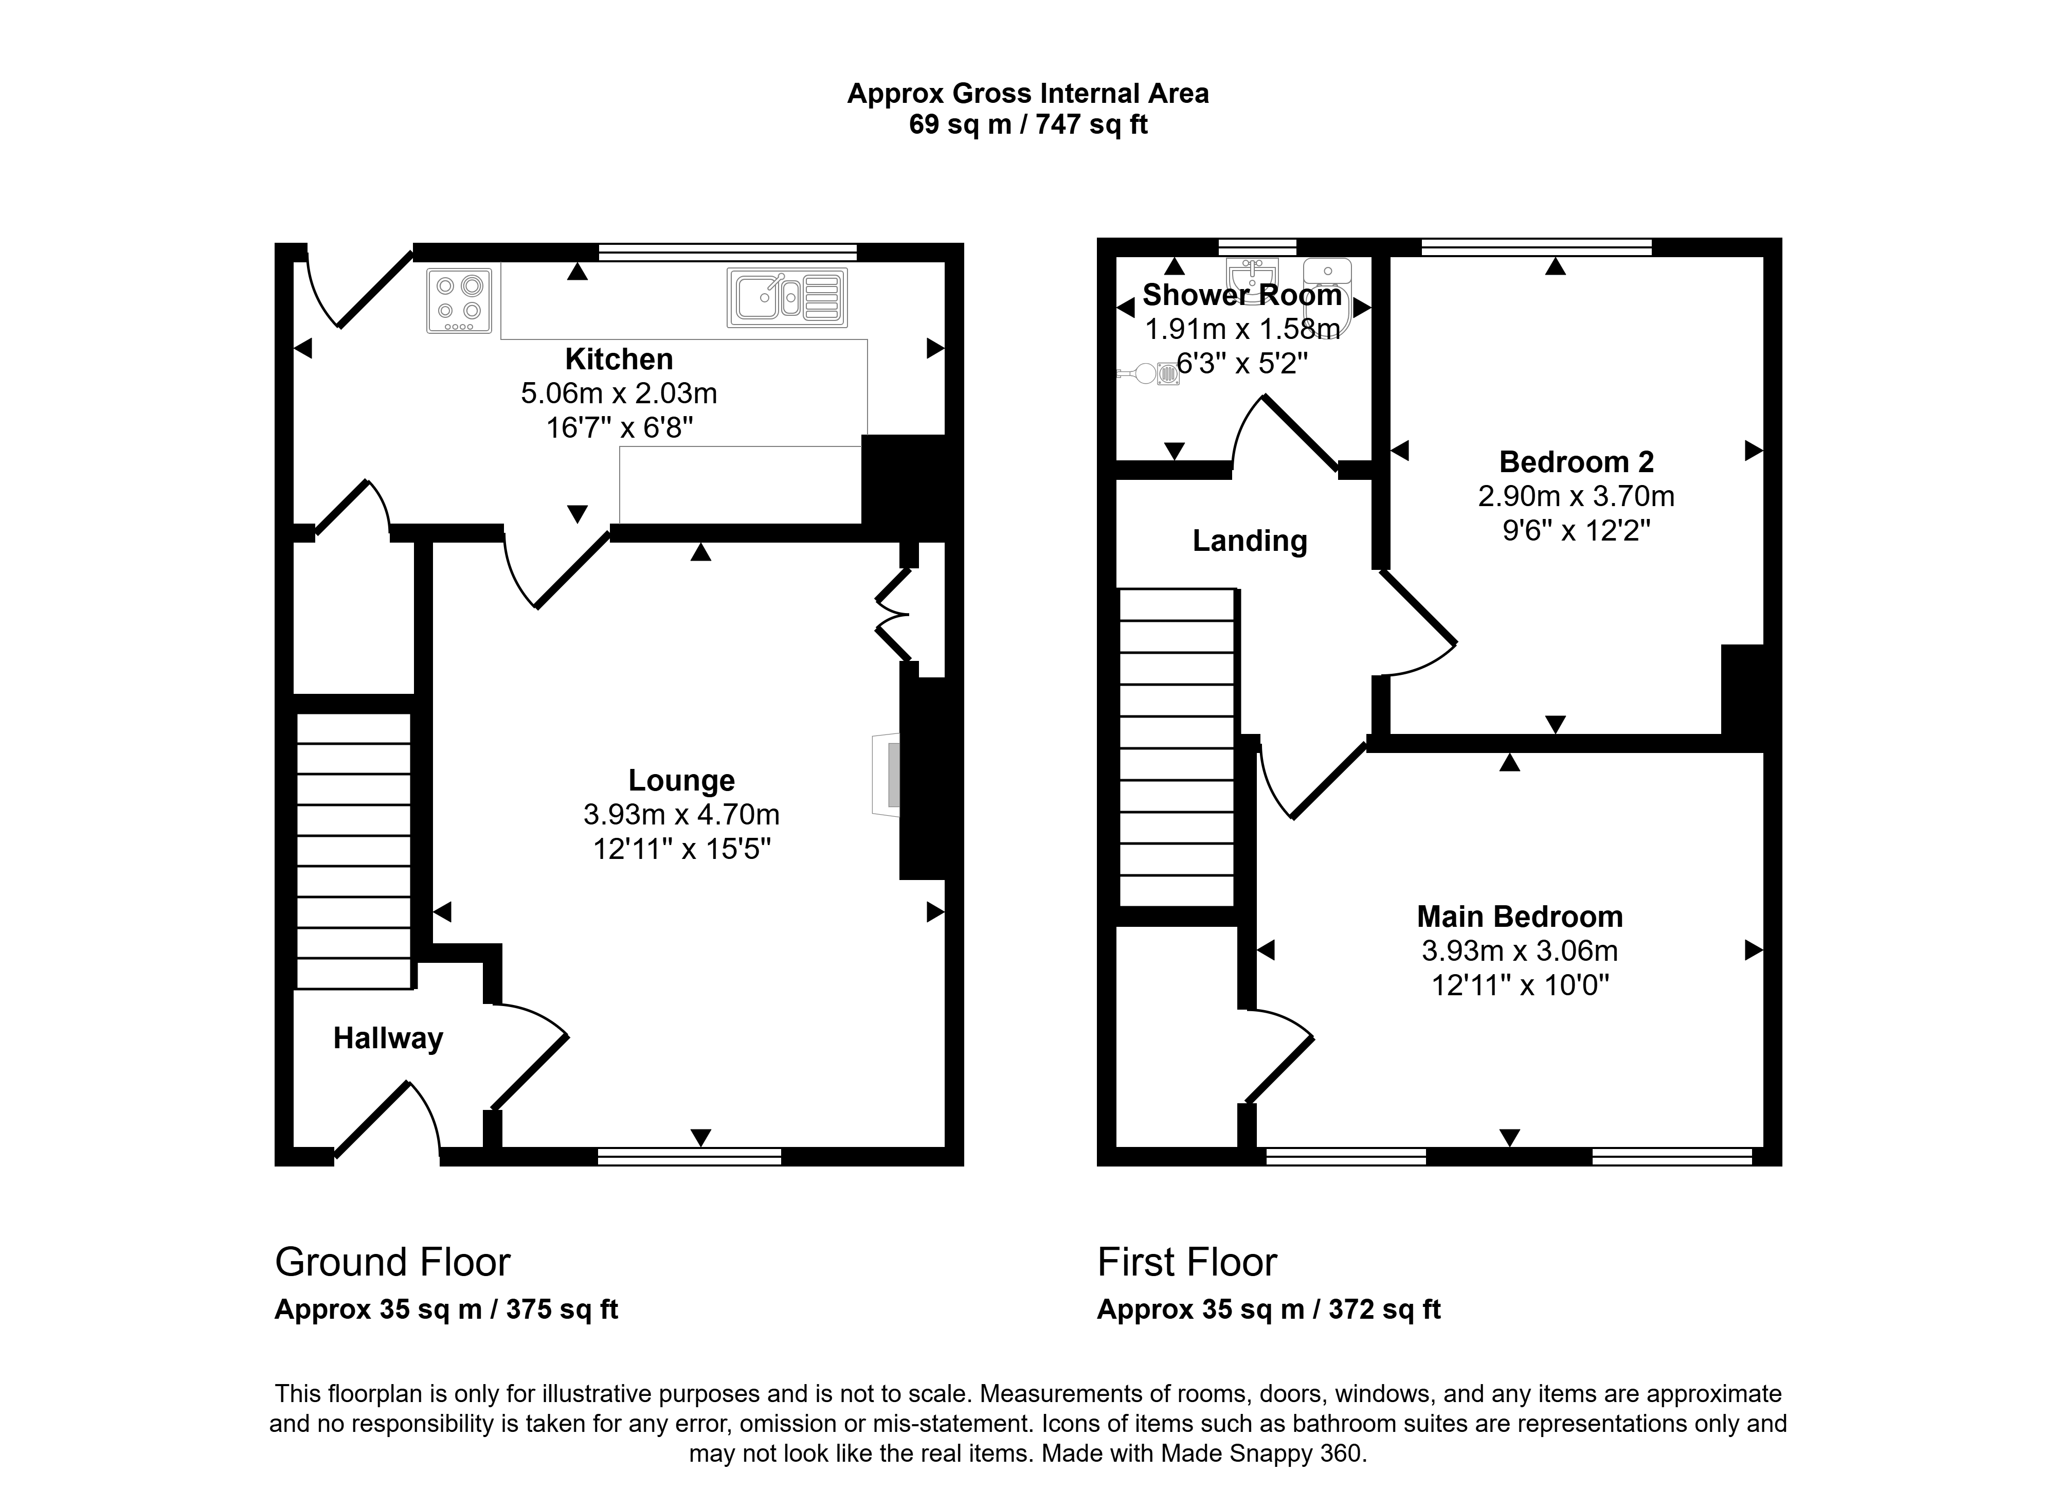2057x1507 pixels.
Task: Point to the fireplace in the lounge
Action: pos(887,775)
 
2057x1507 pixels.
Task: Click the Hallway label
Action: pos(388,1038)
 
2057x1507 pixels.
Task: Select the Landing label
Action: pos(1250,541)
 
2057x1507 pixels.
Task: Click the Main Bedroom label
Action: pos(1520,916)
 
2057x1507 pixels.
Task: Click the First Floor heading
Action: pos(1187,1263)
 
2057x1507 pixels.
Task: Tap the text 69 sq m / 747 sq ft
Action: pos(1028,124)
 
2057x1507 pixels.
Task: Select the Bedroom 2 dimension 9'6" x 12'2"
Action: pos(1576,530)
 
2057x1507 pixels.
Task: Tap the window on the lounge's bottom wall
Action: pos(690,1157)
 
